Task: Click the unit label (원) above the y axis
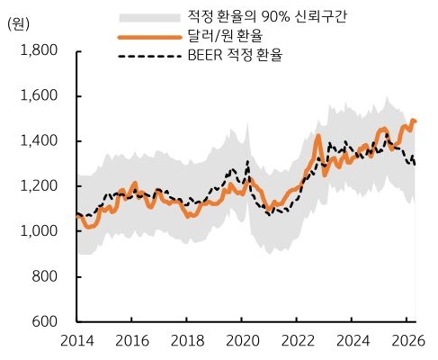pyautogui.click(x=20, y=23)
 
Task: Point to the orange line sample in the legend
pyautogui.click(x=149, y=37)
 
